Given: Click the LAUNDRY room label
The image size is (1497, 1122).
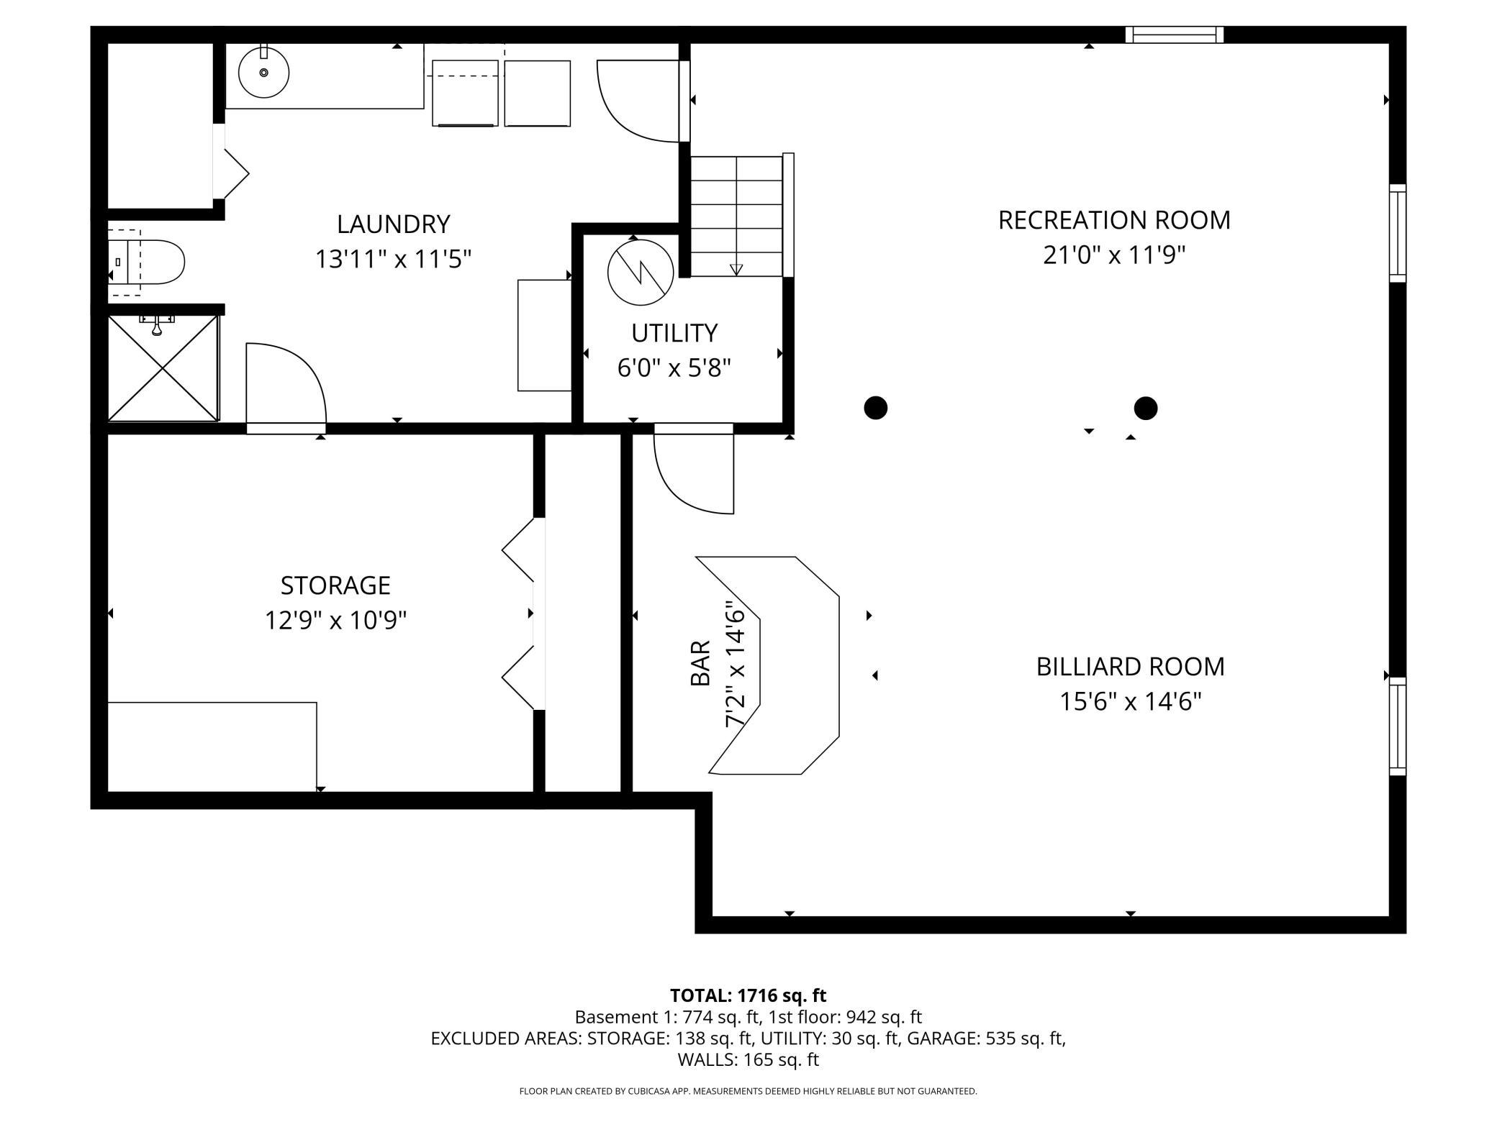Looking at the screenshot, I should [393, 224].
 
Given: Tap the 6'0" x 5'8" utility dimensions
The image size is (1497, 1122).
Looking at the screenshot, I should [674, 368].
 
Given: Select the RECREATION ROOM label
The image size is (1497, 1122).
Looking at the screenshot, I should [1113, 220].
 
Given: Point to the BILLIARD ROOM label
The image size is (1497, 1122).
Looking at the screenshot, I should [1130, 667].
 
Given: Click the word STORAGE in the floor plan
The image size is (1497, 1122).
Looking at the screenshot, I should [335, 585].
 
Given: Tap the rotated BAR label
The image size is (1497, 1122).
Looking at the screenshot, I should [700, 663].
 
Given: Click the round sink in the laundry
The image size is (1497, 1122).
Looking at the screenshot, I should [263, 72].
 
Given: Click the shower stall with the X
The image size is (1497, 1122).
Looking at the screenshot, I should [163, 368].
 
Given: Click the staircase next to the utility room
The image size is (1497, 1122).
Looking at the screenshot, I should [737, 216].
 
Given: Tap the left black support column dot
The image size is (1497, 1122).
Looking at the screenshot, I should [875, 408].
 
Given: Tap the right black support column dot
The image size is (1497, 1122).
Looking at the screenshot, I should [1145, 409].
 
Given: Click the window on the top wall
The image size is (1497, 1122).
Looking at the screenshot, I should [1174, 35].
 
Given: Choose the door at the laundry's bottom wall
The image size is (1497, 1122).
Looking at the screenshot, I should [285, 388].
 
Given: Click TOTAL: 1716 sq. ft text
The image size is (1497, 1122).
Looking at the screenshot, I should [748, 995].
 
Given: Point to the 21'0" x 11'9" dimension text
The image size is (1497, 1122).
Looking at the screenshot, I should [1113, 255].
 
